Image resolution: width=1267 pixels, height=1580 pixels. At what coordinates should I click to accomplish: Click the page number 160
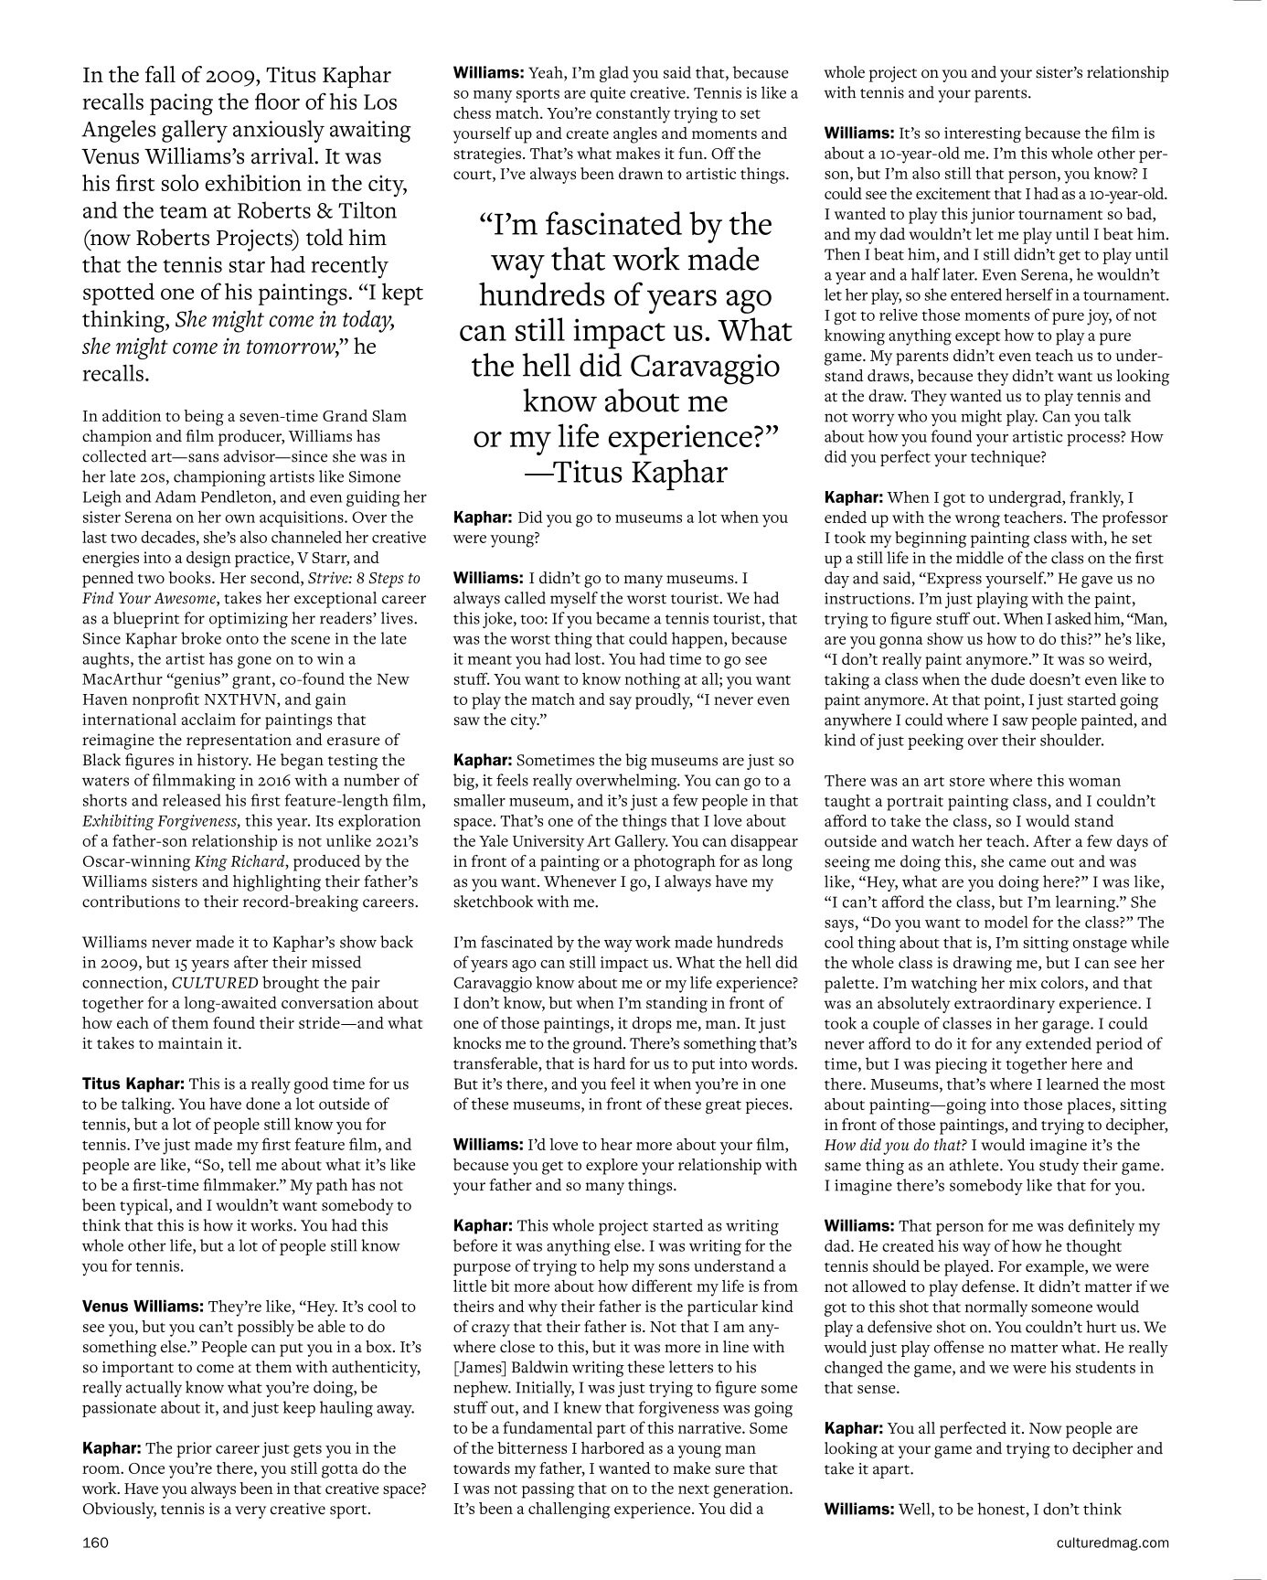tap(95, 1543)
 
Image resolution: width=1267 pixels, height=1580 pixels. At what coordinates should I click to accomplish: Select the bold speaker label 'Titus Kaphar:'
tap(133, 1084)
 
